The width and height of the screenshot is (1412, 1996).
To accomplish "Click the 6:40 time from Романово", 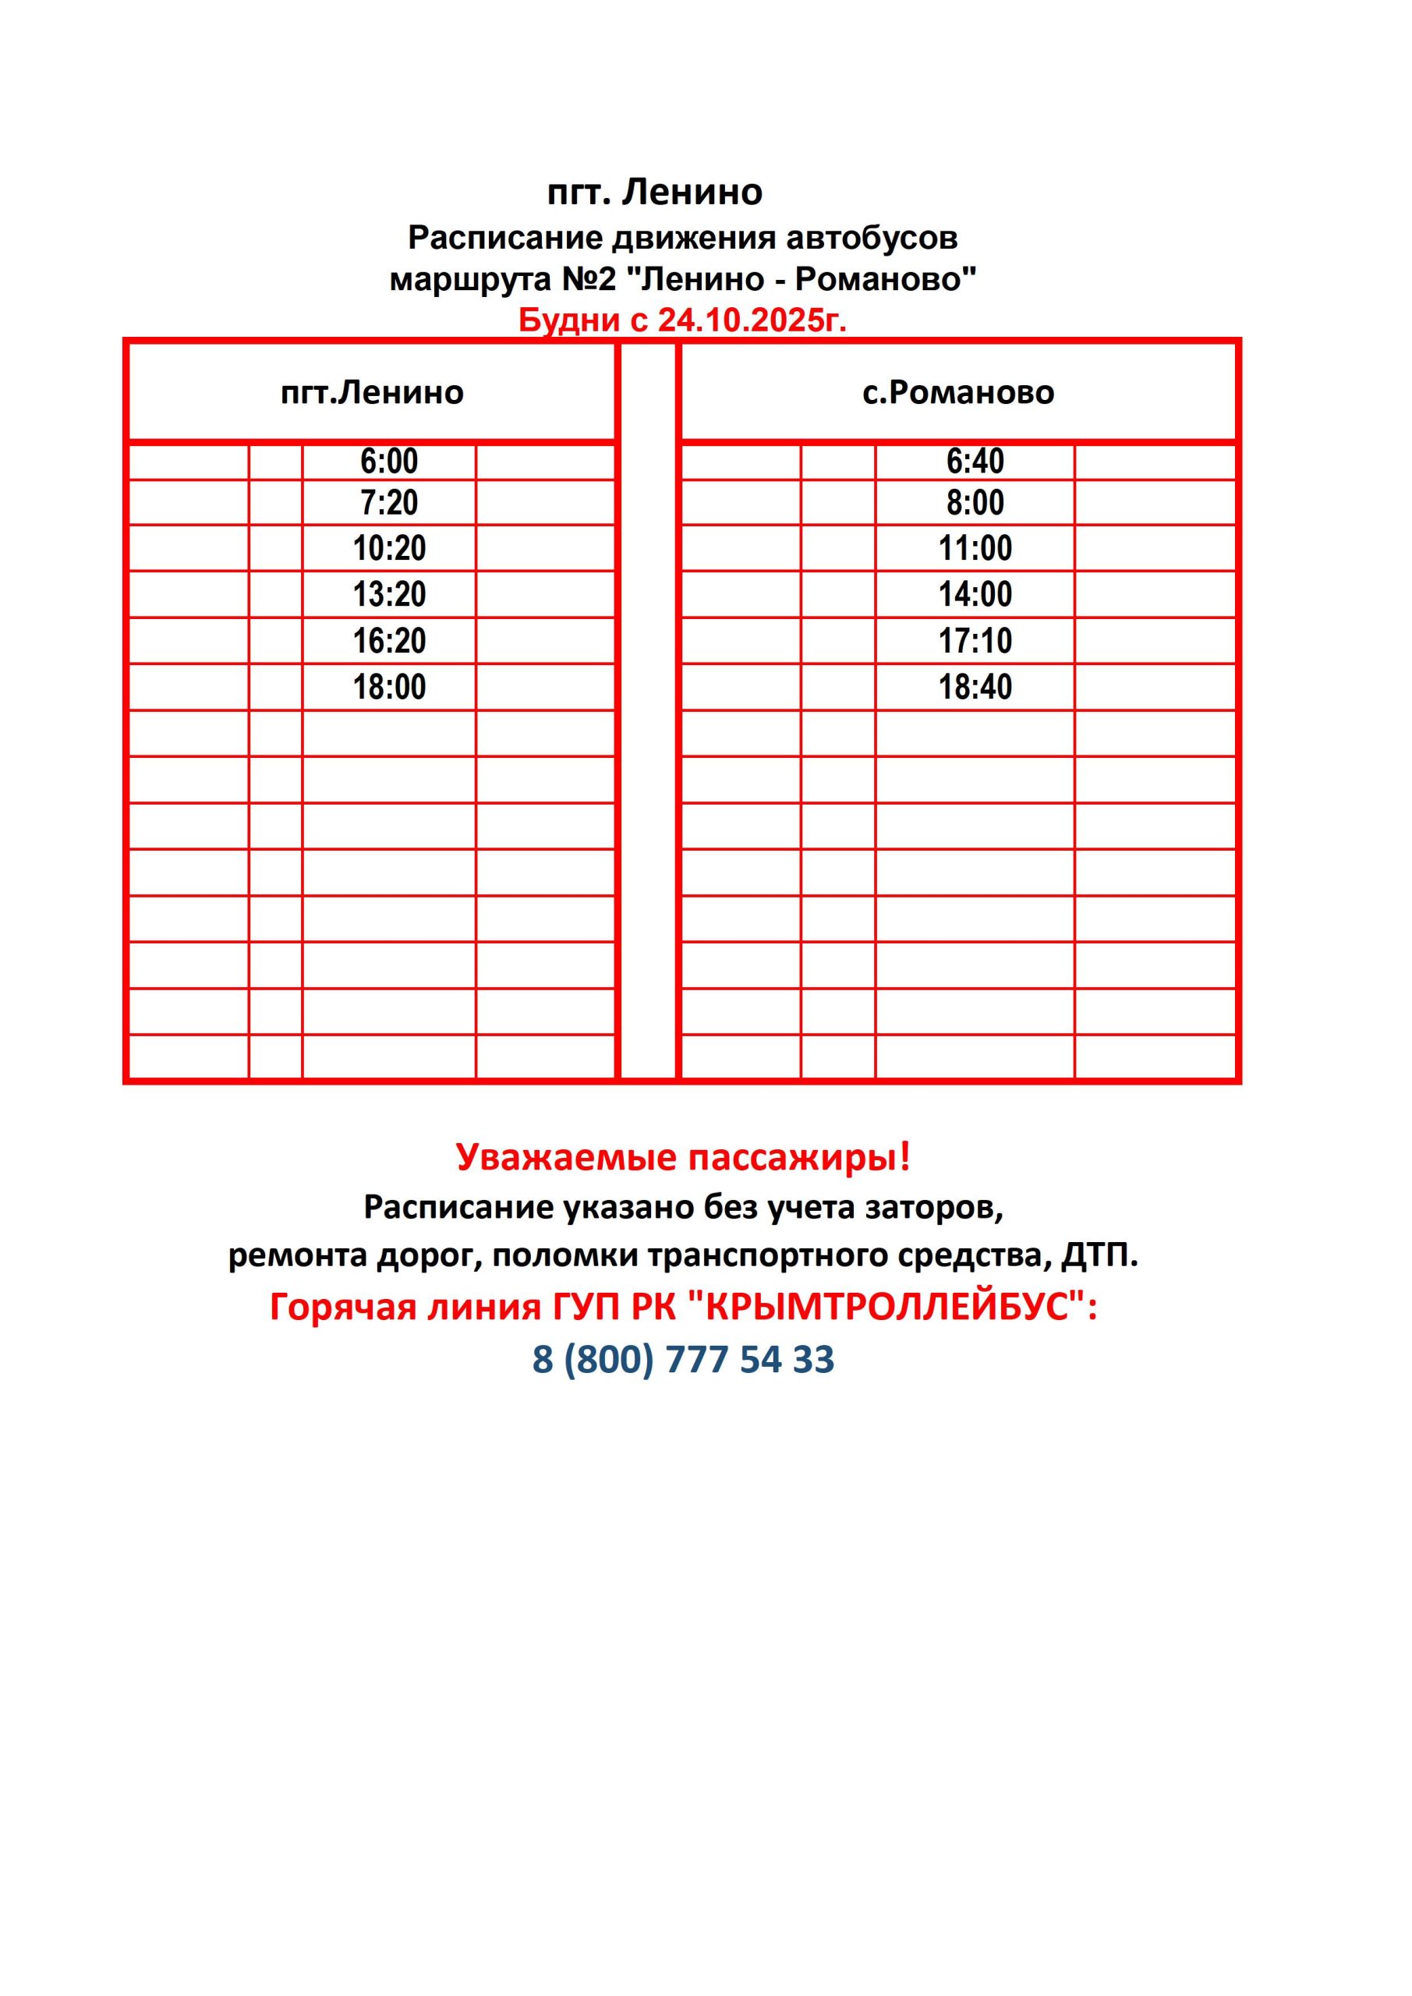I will click(975, 462).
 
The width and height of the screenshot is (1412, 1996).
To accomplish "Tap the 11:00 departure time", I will click(975, 549).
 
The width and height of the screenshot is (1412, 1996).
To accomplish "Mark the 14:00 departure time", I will click(975, 595).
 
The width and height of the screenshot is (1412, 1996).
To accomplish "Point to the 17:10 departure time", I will click(975, 642).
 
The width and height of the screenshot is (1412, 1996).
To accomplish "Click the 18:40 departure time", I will click(975, 688).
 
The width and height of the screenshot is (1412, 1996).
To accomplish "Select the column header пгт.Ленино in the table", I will click(372, 393).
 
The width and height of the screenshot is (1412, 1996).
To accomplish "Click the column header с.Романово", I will click(958, 393).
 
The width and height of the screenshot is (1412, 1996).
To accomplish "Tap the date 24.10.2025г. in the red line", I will click(751, 320).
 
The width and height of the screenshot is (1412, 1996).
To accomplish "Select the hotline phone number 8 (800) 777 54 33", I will click(684, 1359).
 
